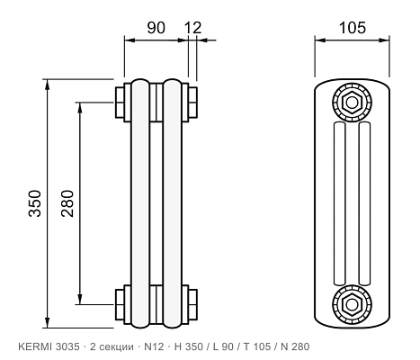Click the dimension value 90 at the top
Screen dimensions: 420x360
pos(156,28)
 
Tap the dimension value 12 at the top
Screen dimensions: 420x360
pos(192,28)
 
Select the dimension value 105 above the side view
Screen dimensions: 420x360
pos(353,28)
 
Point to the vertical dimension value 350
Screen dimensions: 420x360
pos(35,203)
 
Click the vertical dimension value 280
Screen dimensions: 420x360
pos(67,203)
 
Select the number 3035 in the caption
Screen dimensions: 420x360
pos(67,346)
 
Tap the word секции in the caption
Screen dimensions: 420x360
pos(116,347)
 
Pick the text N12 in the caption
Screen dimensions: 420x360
pos(154,346)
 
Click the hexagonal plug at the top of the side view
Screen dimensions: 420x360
pos(353,103)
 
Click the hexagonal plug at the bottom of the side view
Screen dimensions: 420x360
pos(353,304)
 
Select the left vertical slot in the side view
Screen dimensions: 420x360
pos(339,203)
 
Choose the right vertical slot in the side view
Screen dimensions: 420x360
pos(364,203)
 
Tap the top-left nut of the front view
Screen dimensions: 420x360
pos(120,103)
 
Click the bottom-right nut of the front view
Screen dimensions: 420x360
pos(192,304)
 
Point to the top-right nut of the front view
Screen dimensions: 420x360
pos(192,103)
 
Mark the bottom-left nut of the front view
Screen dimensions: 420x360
pos(120,304)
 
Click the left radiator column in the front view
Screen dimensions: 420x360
pos(140,203)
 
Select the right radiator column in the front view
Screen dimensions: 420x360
pos(173,203)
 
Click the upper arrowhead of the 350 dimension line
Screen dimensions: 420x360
pos(47,85)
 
